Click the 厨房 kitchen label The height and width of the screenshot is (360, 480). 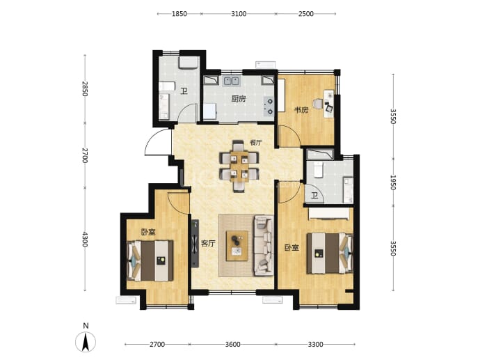click(239, 99)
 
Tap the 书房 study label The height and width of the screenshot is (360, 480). click(301, 110)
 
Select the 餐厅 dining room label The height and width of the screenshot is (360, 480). click(256, 143)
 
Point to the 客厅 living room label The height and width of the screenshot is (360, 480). click(208, 244)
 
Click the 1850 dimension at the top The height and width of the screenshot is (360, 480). click(179, 14)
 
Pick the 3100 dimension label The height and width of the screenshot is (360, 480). click(239, 14)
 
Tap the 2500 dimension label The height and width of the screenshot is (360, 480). click(306, 14)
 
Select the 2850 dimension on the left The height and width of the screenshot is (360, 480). click(85, 89)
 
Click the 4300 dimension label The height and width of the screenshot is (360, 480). click(85, 240)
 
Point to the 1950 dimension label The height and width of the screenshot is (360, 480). click(393, 182)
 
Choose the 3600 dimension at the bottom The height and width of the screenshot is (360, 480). click(232, 345)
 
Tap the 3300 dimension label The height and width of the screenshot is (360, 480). click(315, 345)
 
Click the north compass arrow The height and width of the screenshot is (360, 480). click(86, 341)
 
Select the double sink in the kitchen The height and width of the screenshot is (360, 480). click(231, 81)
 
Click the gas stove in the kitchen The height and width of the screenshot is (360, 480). click(269, 106)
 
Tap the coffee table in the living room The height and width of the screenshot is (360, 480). click(237, 246)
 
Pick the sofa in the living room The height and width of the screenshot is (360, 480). click(264, 245)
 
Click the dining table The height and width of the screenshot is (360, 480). click(239, 166)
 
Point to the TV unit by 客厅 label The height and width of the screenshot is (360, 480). click(195, 244)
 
